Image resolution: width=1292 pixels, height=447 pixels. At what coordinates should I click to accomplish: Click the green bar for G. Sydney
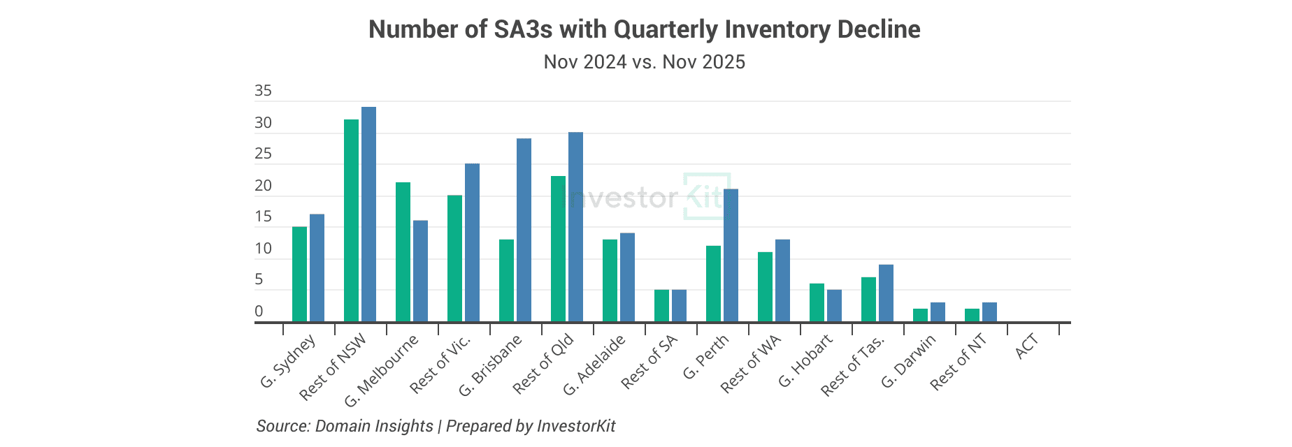click(x=299, y=274)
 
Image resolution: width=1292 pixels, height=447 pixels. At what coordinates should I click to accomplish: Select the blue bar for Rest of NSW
click(x=368, y=214)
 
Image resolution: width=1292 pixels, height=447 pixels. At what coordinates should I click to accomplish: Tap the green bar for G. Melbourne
click(x=403, y=251)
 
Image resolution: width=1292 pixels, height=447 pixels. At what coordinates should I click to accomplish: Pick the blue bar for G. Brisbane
click(x=524, y=230)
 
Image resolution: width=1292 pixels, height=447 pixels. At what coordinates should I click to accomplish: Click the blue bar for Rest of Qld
click(x=575, y=227)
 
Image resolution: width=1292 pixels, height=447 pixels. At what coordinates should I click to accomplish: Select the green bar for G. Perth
click(x=713, y=284)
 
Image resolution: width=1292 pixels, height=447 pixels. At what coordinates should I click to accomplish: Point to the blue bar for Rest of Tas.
click(x=886, y=293)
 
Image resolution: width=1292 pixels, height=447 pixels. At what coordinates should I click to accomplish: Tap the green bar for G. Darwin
click(x=920, y=315)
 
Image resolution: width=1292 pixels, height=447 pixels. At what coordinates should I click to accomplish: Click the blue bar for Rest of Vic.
click(x=472, y=242)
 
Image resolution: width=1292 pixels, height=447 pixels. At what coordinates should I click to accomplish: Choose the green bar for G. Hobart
click(x=817, y=302)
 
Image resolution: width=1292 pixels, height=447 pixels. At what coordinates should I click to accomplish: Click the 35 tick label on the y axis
click(x=264, y=91)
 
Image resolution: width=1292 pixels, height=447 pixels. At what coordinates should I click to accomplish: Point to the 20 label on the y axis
click(x=264, y=186)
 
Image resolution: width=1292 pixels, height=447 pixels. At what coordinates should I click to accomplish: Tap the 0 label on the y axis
click(x=259, y=312)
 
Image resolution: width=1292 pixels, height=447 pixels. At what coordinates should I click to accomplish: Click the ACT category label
click(x=1026, y=347)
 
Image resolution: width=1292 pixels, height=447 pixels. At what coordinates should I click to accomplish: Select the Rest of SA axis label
click(x=649, y=362)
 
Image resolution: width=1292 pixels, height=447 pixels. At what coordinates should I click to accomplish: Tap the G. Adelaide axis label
click(x=594, y=365)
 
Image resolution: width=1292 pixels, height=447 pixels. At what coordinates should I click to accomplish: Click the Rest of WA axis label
click(x=750, y=363)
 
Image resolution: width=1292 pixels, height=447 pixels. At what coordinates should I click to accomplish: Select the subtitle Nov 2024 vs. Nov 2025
click(x=644, y=62)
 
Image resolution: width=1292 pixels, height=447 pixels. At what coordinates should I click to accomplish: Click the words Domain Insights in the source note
click(x=374, y=426)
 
